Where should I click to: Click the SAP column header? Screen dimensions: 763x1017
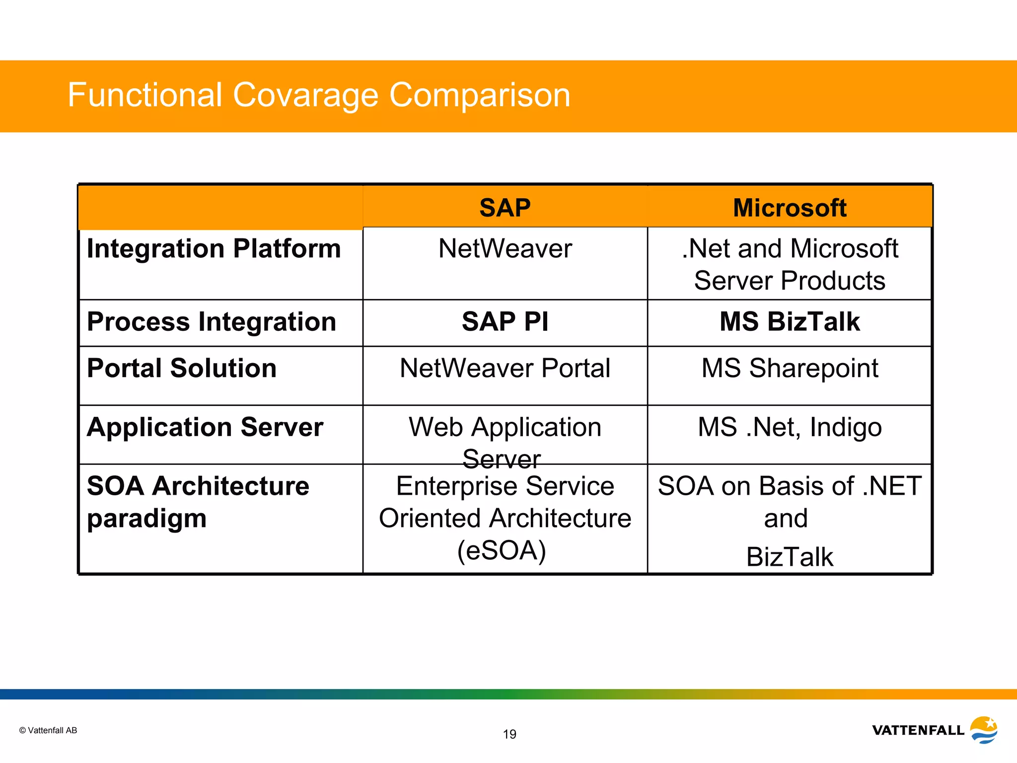tap(505, 208)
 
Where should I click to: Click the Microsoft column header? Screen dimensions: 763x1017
tap(790, 208)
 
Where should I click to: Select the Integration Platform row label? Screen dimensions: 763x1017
tap(214, 248)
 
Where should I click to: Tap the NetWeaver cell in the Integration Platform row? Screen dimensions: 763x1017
tap(505, 248)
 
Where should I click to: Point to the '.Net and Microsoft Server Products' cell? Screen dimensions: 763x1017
tap(790, 264)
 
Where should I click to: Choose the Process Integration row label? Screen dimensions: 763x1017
tap(212, 321)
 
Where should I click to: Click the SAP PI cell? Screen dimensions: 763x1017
tap(505, 321)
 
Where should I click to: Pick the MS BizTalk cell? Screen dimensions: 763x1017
tap(790, 321)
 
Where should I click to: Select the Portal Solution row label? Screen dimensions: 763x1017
tap(182, 368)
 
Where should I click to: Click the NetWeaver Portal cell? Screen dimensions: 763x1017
tap(505, 368)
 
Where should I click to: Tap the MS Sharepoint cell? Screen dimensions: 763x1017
tap(790, 368)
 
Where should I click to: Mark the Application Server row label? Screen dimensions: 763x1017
tap(205, 427)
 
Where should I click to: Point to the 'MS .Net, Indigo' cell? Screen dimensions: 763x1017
tap(790, 427)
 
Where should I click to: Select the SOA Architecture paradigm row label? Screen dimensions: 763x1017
tap(198, 502)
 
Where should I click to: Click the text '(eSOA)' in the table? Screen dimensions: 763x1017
tap(502, 550)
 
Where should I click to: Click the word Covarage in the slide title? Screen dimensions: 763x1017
tap(305, 95)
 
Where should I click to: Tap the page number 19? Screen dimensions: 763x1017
tap(509, 734)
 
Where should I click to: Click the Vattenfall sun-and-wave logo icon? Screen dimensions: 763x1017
tap(984, 729)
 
